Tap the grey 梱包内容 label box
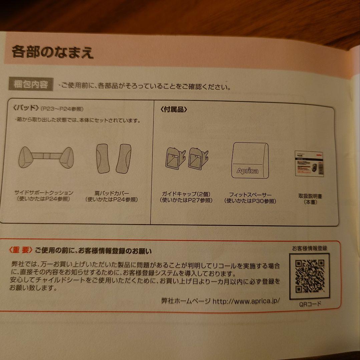click(x=31, y=84)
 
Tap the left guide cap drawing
click(x=175, y=157)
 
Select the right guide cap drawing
click(x=198, y=157)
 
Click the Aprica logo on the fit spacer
click(x=247, y=171)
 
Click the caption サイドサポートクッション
click(x=44, y=193)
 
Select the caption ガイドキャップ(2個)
click(x=186, y=194)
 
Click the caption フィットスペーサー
click(x=250, y=195)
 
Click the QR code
click(x=309, y=275)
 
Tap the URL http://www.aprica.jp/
click(x=246, y=301)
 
